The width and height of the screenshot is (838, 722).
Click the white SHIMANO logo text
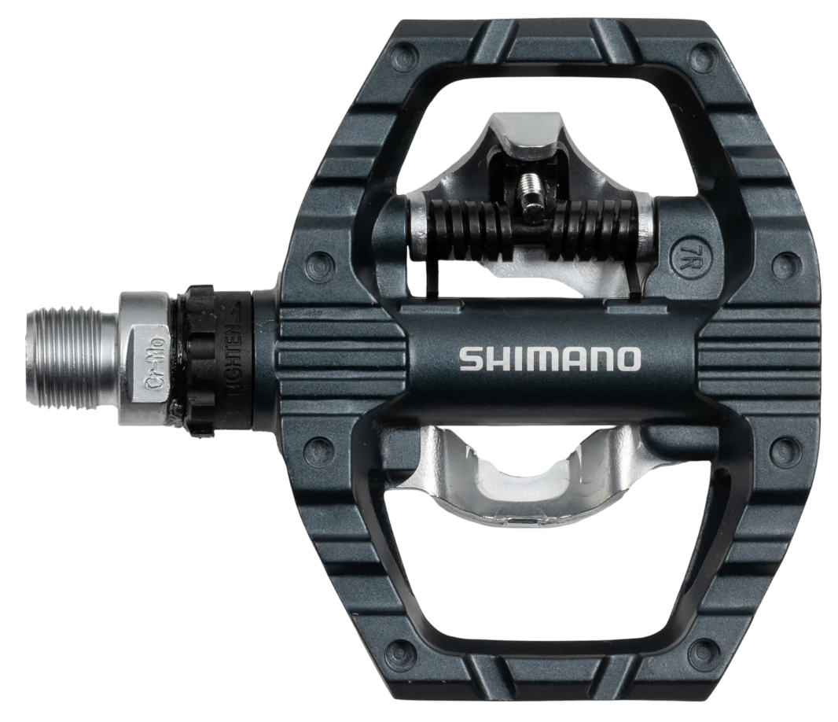(550, 359)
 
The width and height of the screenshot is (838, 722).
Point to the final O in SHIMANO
(628, 359)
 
